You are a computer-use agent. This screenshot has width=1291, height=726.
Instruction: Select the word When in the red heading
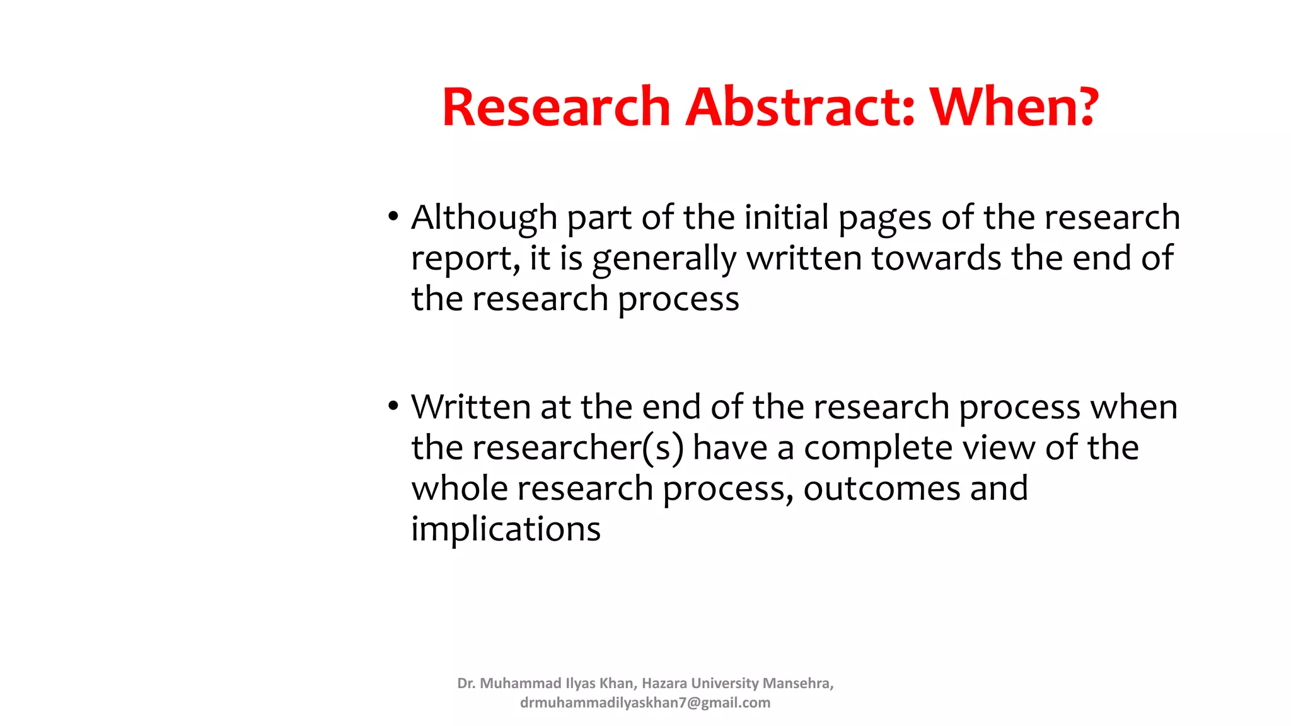pos(1002,107)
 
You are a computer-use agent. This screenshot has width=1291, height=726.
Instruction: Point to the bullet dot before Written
pos(393,406)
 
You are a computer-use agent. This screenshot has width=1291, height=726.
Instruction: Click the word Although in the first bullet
pos(483,218)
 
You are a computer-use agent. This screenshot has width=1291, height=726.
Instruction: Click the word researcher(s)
pos(578,448)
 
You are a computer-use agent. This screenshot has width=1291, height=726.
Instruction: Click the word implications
pos(506,529)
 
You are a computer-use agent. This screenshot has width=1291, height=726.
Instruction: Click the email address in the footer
pos(645,703)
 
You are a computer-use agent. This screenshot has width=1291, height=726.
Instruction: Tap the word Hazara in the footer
pos(664,683)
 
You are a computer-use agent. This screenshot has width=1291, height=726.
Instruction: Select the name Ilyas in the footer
pos(580,683)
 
